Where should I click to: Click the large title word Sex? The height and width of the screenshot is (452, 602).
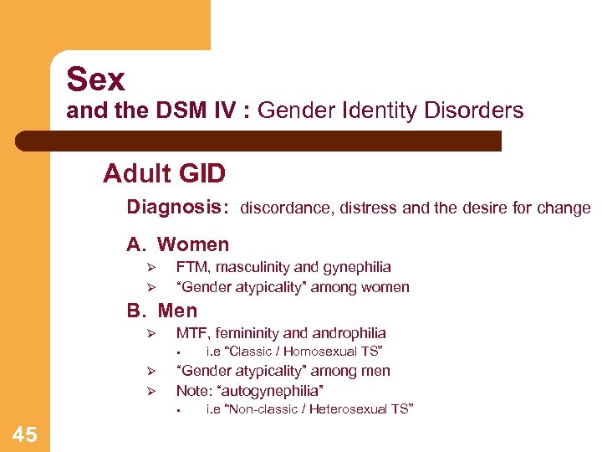(x=96, y=80)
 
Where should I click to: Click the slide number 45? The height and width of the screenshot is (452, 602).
(x=25, y=434)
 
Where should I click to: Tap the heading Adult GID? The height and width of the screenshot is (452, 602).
(x=165, y=174)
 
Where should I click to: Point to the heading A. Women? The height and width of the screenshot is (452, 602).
(x=177, y=244)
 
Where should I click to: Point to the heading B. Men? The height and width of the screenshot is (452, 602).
(x=162, y=311)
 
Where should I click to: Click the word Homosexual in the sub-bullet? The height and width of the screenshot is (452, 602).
(x=306, y=352)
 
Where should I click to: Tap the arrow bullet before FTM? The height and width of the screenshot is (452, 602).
(x=153, y=268)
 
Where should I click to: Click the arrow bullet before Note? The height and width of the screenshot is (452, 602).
(x=153, y=392)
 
